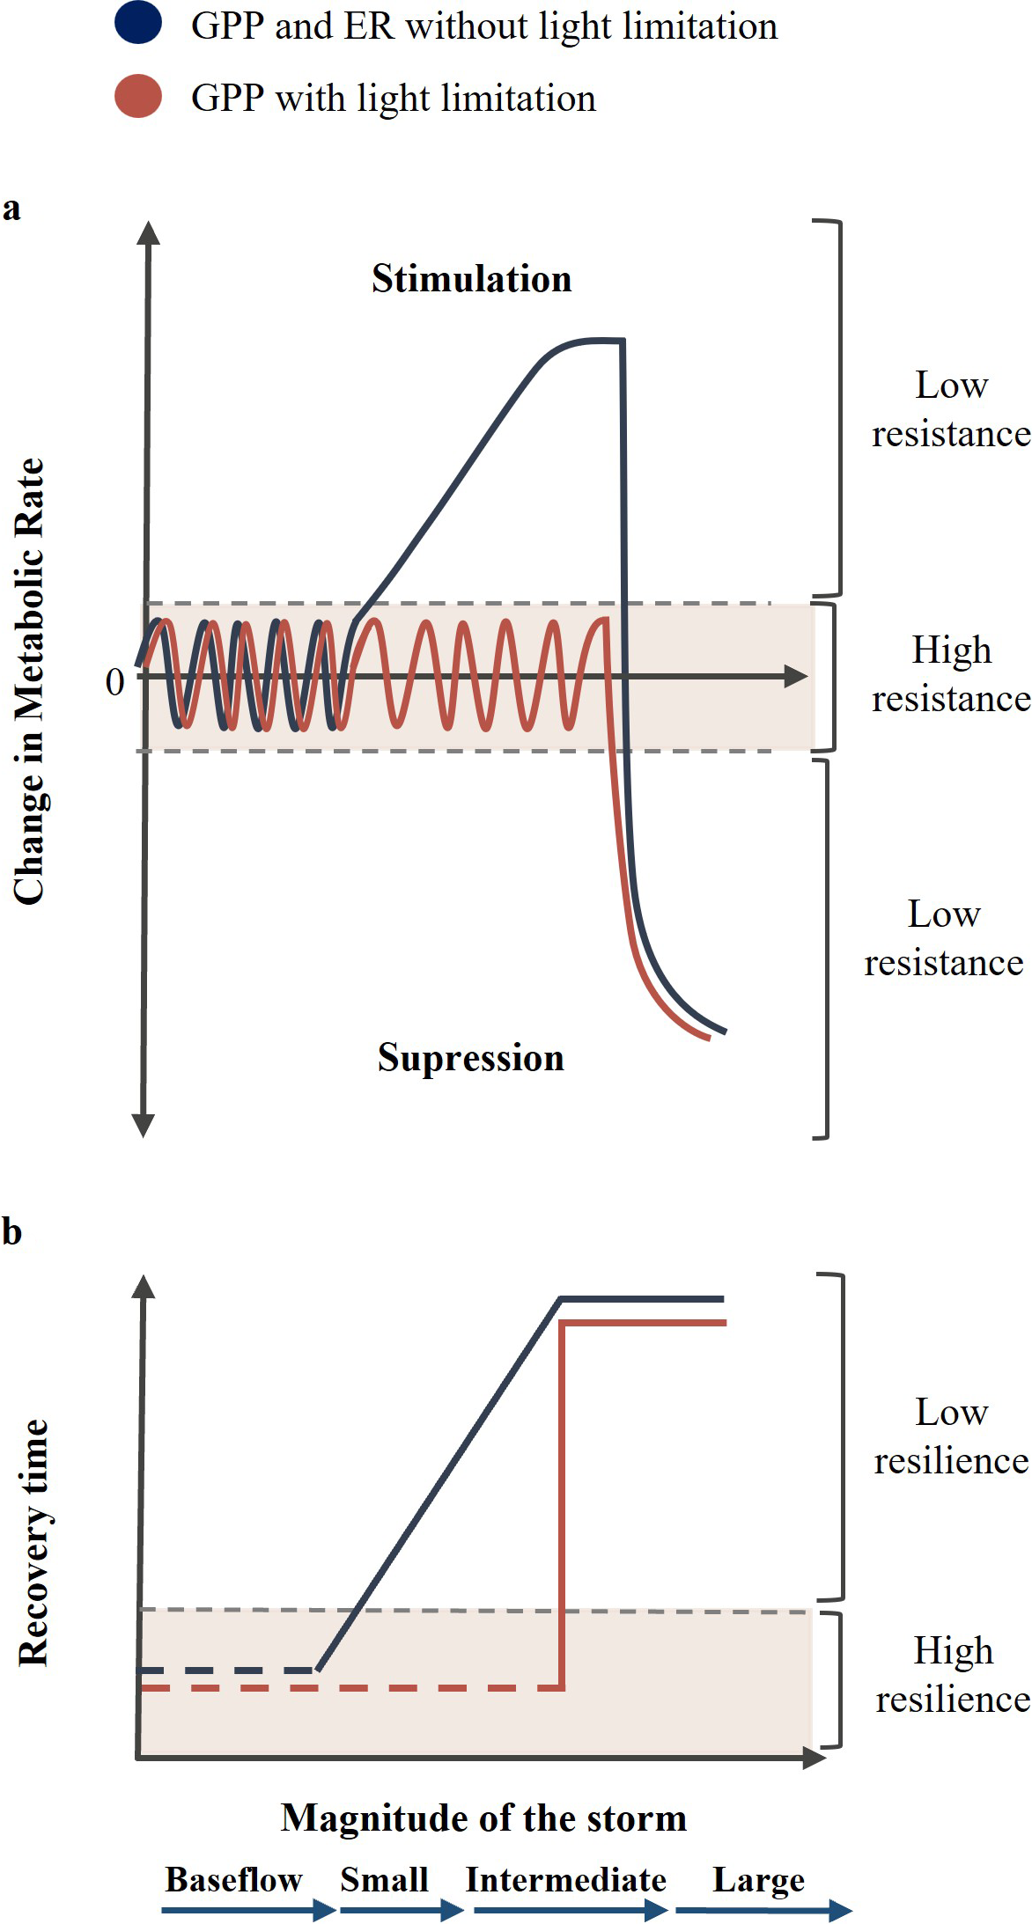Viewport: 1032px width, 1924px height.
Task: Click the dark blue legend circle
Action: pyautogui.click(x=138, y=23)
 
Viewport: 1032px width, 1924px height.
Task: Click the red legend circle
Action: pyautogui.click(x=138, y=96)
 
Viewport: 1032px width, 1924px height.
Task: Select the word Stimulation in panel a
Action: pyautogui.click(x=471, y=279)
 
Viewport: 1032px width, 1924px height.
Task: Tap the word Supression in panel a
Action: pyautogui.click(x=471, y=1057)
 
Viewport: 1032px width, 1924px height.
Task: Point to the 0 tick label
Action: pyautogui.click(x=114, y=682)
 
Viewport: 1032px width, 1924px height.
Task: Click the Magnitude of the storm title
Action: pyautogui.click(x=483, y=1817)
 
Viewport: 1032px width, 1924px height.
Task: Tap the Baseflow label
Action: pyautogui.click(x=233, y=1879)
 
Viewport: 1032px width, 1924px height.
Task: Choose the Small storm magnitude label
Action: pyautogui.click(x=384, y=1879)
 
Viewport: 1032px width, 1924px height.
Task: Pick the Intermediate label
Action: pyautogui.click(x=565, y=1879)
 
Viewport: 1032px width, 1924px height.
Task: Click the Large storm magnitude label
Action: pyautogui.click(x=758, y=1879)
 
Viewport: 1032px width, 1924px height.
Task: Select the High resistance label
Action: pyautogui.click(x=951, y=674)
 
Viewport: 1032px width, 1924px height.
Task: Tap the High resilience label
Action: pyautogui.click(x=953, y=1674)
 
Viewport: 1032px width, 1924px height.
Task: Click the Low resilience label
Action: pyautogui.click(x=951, y=1436)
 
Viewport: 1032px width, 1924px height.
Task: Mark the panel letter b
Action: pyautogui.click(x=11, y=1231)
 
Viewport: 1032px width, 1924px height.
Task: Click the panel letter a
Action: pyautogui.click(x=11, y=209)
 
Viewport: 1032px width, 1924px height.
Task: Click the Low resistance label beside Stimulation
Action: pyautogui.click(x=951, y=409)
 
